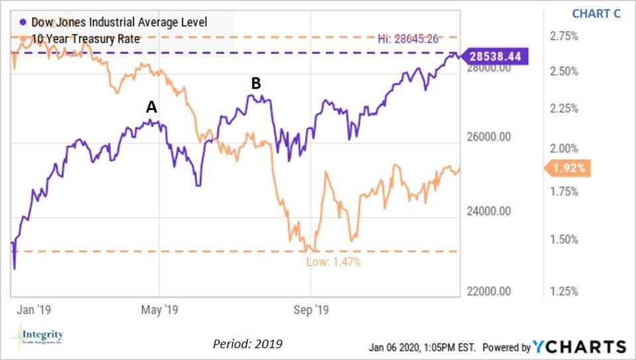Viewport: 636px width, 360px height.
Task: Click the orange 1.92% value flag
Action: pyautogui.click(x=568, y=168)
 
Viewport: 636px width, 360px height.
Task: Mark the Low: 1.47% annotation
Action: pyautogui.click(x=333, y=262)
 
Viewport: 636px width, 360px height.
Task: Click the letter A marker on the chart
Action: pyautogui.click(x=151, y=107)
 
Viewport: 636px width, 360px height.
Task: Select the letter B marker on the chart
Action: pyautogui.click(x=255, y=84)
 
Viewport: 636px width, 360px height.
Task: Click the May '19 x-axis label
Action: pyautogui.click(x=160, y=308)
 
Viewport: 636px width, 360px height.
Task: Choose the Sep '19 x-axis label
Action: pyautogui.click(x=312, y=308)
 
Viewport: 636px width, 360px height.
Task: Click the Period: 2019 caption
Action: pyautogui.click(x=247, y=344)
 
